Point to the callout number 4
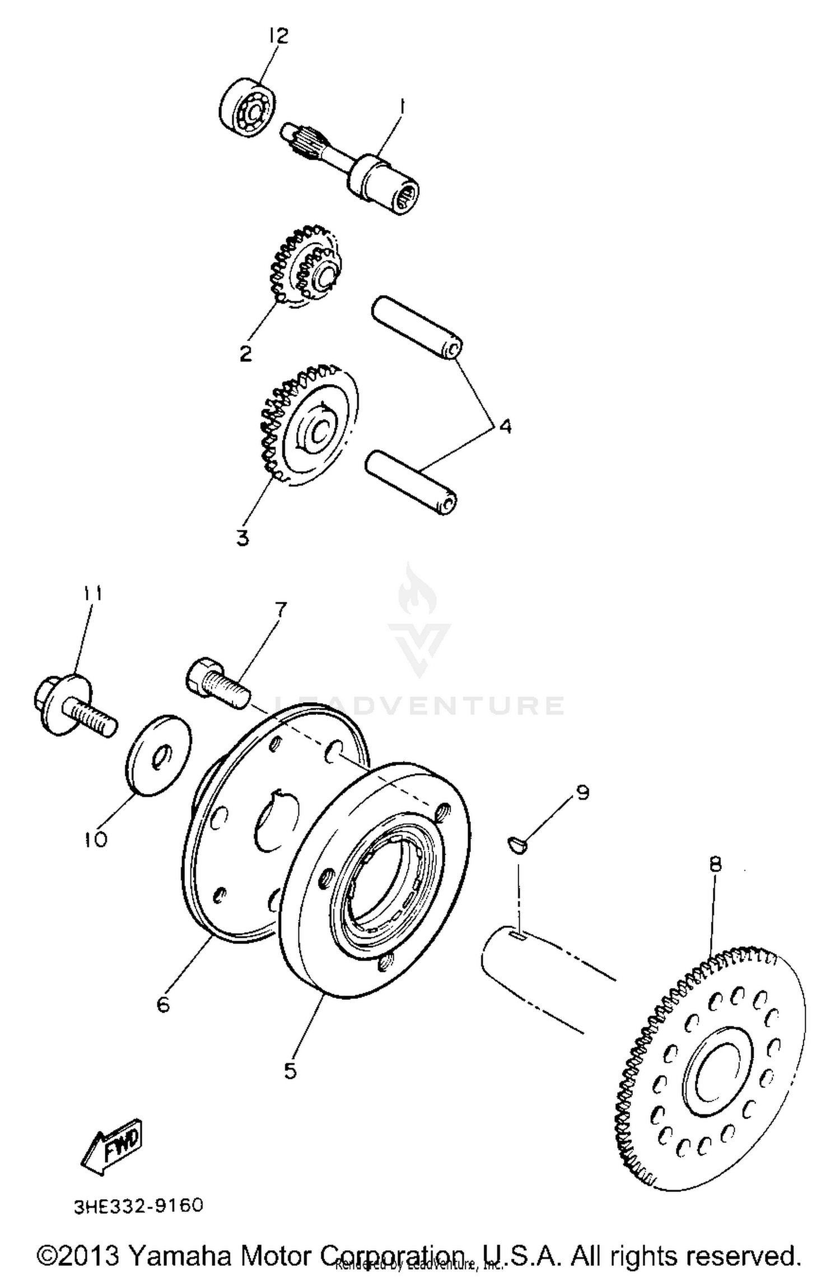pyautogui.click(x=505, y=427)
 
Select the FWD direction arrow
pyautogui.click(x=112, y=1145)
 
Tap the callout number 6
pyautogui.click(x=163, y=1004)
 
